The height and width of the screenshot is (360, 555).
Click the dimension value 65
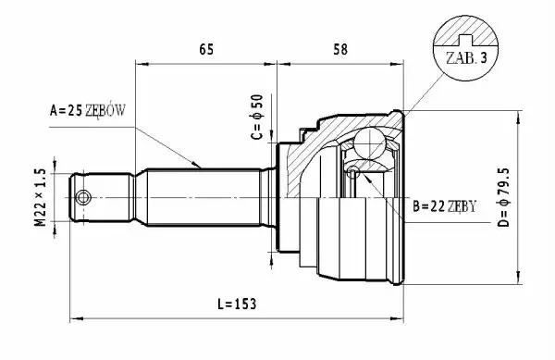(x=206, y=50)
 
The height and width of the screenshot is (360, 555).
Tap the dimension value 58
(x=340, y=50)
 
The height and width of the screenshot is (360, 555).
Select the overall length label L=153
(x=237, y=304)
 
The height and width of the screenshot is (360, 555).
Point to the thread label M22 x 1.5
(x=41, y=197)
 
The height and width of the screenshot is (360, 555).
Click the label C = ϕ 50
(x=257, y=117)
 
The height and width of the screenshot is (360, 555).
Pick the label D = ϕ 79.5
(x=503, y=197)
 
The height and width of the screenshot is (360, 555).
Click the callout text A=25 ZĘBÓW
(x=88, y=111)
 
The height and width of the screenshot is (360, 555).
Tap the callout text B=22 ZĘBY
(x=445, y=206)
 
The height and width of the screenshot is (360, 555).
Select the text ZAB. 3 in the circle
(x=466, y=57)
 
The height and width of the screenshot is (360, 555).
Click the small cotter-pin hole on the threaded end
(x=83, y=197)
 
